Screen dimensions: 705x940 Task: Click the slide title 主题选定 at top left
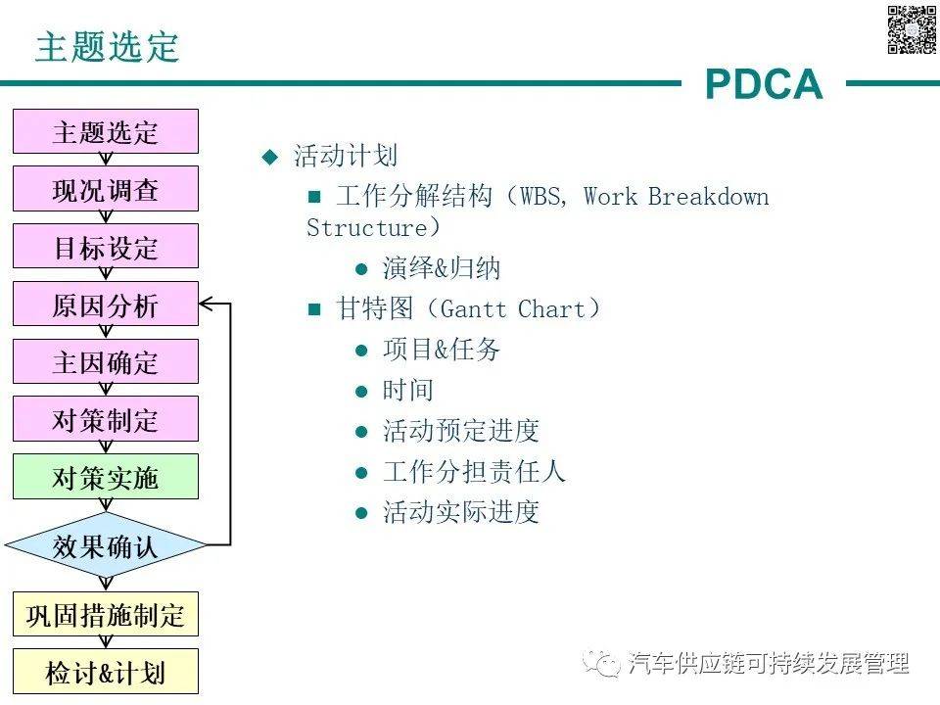coord(108,46)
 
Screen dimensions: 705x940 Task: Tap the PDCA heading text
coord(764,85)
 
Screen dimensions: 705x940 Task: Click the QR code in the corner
coord(912,29)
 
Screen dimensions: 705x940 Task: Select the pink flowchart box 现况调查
coord(105,189)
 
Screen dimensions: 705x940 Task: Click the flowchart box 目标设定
coord(105,247)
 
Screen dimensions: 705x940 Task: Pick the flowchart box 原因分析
coord(105,305)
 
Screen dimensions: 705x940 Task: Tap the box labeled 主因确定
coord(105,362)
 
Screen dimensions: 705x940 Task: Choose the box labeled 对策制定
coord(105,419)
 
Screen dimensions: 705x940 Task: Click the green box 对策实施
coord(105,477)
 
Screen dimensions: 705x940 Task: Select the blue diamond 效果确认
coord(105,544)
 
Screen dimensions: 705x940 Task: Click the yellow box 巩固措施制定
coord(105,615)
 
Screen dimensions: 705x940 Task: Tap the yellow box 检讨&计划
coord(105,673)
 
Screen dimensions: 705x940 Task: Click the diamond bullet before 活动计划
coord(270,157)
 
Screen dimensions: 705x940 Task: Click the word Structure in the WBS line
coord(367,228)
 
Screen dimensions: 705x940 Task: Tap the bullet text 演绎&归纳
coord(442,269)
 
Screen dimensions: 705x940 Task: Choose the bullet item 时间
coord(407,391)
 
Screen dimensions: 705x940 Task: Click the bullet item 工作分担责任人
coord(474,472)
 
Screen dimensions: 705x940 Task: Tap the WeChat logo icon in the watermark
coord(602,663)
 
